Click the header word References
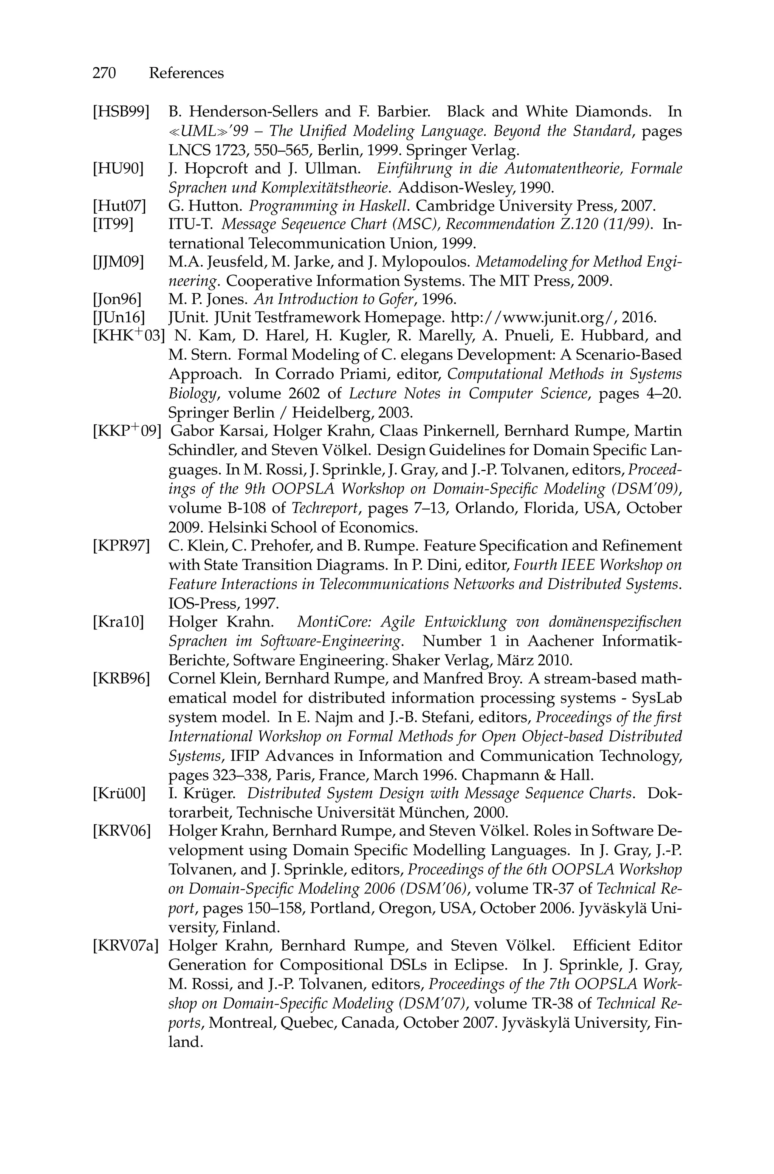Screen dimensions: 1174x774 (x=186, y=73)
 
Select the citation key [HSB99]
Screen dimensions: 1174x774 (x=121, y=112)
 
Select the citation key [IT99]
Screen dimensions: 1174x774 (x=113, y=224)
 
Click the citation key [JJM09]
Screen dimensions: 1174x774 (x=118, y=262)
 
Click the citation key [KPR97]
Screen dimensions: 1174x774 (x=121, y=546)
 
